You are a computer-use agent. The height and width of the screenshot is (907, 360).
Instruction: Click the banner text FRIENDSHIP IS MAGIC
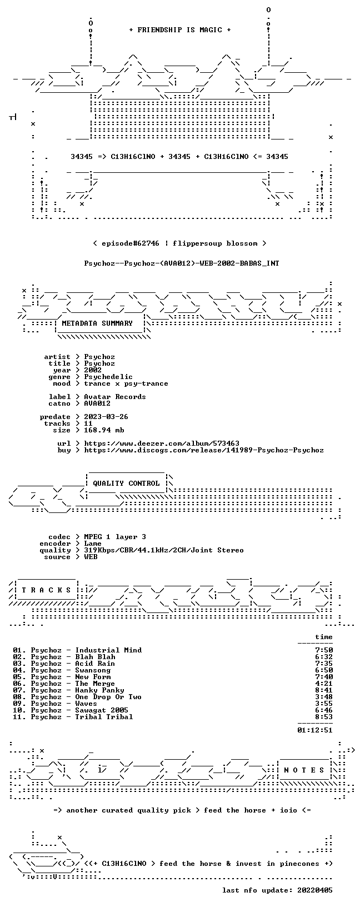(180, 30)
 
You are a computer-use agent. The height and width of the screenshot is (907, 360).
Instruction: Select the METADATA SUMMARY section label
(97, 323)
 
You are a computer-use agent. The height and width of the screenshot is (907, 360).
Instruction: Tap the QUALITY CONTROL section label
(126, 484)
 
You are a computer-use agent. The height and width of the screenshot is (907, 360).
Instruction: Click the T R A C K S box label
(47, 590)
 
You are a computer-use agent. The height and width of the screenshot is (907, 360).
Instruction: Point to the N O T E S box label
(304, 770)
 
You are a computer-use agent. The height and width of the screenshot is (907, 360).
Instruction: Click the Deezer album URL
(162, 443)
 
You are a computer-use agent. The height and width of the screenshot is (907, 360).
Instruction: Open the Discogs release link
(204, 450)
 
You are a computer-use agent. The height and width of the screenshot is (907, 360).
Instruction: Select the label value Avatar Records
(115, 397)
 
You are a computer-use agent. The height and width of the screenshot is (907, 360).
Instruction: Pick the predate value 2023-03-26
(106, 417)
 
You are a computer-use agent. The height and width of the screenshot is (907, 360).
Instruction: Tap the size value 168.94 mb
(104, 430)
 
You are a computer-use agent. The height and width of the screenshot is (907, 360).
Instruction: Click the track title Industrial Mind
(108, 650)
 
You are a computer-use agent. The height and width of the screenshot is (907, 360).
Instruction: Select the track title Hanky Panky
(99, 690)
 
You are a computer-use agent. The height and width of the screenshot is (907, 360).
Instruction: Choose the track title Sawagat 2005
(102, 710)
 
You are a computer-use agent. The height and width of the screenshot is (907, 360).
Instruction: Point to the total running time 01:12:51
(314, 730)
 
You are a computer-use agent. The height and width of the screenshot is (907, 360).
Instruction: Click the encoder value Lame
(93, 544)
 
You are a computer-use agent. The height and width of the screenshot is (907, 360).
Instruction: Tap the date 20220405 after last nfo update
(314, 890)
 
